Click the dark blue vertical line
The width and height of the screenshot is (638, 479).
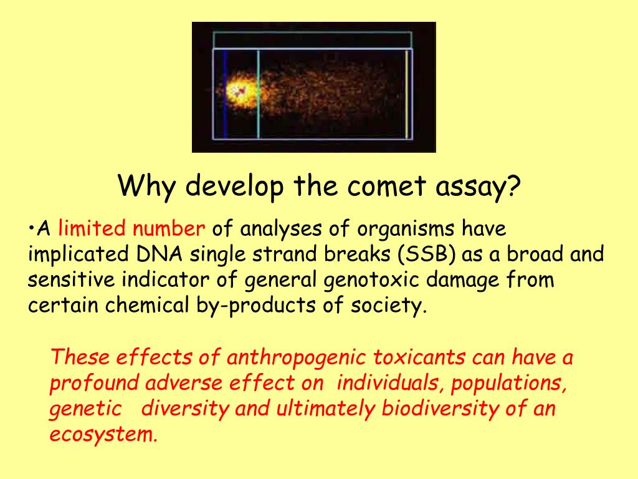click(225, 94)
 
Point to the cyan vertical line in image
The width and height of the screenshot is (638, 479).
click(258, 94)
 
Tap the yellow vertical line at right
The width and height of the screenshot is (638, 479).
click(406, 94)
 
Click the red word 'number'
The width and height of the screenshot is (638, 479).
click(168, 229)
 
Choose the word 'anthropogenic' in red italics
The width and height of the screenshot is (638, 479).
click(299, 358)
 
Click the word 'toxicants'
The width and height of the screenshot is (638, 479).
click(421, 358)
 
